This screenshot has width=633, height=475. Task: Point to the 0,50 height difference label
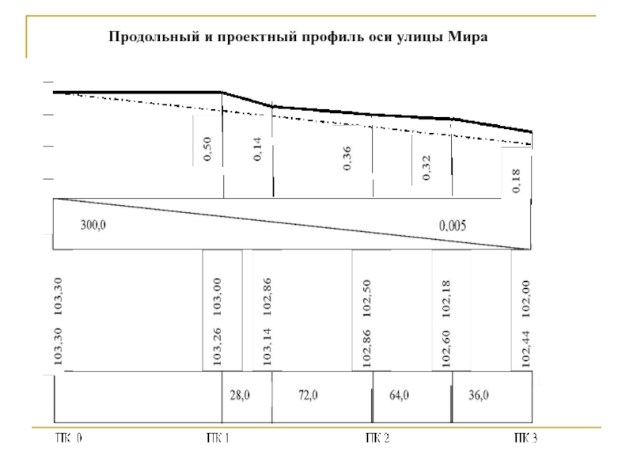(207, 149)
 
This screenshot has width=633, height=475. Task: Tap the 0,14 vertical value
(258, 149)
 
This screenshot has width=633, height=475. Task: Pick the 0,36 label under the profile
(347, 158)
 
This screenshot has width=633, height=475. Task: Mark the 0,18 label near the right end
(516, 181)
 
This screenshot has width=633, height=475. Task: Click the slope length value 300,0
(93, 225)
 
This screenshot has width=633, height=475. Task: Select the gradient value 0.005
(453, 225)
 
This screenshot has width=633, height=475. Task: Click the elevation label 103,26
(217, 346)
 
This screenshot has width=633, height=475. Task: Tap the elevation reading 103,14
(267, 346)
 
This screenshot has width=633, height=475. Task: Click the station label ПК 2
(377, 439)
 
